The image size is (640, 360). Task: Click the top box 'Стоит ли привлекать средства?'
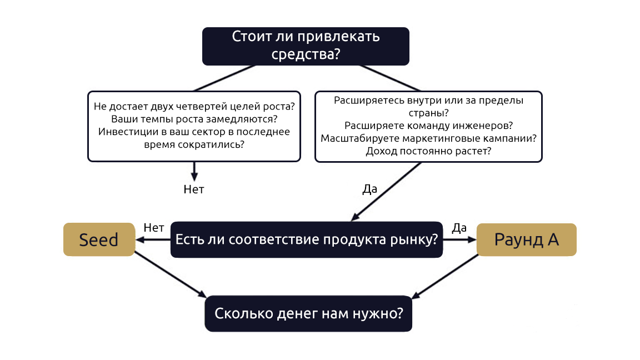point(306,46)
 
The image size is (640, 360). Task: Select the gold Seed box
point(99,239)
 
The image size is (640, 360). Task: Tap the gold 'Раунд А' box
point(527,239)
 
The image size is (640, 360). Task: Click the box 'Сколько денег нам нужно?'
point(308,313)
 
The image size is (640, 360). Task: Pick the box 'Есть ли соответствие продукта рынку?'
point(307,239)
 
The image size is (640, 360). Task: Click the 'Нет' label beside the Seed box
point(154,228)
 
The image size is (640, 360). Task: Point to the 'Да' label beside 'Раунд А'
point(459,228)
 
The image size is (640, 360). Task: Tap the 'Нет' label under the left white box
point(194,189)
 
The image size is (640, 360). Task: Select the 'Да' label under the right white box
point(370,189)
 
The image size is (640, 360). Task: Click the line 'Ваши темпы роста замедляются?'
point(194,119)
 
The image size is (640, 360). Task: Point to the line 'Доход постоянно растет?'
point(428,151)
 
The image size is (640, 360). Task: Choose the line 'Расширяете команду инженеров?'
point(428,126)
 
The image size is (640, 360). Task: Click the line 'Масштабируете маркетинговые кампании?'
point(428,138)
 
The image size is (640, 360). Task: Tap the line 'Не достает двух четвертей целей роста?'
point(194,107)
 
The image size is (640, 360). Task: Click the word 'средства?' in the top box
point(306,54)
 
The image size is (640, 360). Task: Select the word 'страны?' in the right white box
point(428,113)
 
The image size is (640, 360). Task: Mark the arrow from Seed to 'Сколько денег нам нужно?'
point(171,274)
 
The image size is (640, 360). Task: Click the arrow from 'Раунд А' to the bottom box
point(445,276)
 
